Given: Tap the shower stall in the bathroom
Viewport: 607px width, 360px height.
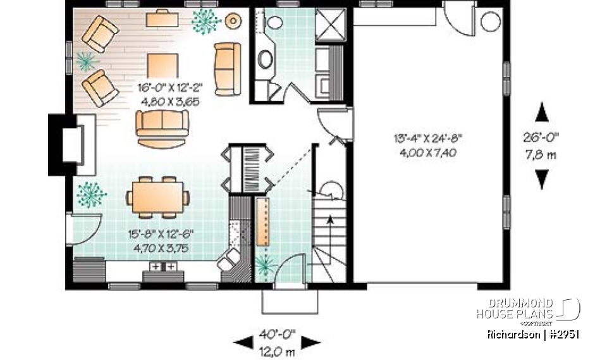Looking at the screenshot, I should point(331,25).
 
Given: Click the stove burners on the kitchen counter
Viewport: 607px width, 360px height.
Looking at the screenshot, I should point(162,268).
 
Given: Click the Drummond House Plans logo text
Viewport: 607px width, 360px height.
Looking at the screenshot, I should point(515,309).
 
